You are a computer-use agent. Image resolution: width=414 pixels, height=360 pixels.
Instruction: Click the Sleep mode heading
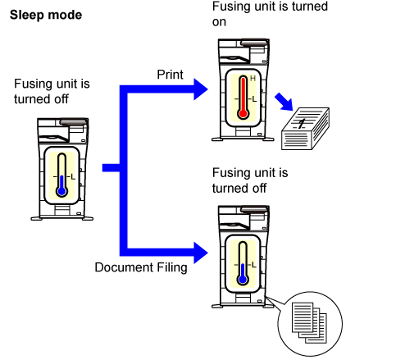[46, 15]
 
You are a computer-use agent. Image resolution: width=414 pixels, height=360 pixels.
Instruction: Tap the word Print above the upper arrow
[170, 75]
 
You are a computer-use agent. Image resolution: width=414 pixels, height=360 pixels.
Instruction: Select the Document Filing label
[141, 267]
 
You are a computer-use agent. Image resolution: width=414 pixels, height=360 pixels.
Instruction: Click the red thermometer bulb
[243, 113]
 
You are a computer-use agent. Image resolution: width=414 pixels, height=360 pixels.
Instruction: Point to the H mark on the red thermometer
[252, 79]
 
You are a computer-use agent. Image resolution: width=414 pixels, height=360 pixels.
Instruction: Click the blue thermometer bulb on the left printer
[61, 191]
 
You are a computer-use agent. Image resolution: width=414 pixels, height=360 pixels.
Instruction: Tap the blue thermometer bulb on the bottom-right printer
[243, 280]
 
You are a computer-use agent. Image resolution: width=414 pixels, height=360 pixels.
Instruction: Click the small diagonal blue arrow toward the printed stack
[284, 102]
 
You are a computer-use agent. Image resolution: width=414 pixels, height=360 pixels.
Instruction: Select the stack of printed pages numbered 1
[305, 129]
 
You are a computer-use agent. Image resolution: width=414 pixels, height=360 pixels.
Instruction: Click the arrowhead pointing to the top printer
[201, 89]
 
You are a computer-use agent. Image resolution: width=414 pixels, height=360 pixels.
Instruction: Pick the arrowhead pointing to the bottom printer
[201, 253]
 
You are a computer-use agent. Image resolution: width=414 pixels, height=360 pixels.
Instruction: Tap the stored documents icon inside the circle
[309, 322]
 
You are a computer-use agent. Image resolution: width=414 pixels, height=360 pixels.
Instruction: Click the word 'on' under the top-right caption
[219, 22]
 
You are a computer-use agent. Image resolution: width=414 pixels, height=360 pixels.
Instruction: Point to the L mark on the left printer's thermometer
[73, 177]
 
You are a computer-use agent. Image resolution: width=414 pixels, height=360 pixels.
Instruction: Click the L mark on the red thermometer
[254, 98]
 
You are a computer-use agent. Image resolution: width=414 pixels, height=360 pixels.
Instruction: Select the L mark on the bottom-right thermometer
[254, 265]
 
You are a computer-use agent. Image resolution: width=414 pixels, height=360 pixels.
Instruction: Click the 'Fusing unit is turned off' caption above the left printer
[52, 91]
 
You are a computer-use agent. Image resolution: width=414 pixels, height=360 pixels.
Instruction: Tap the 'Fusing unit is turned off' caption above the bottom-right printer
[250, 180]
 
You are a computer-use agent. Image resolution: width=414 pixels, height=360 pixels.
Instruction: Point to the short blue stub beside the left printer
[111, 168]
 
